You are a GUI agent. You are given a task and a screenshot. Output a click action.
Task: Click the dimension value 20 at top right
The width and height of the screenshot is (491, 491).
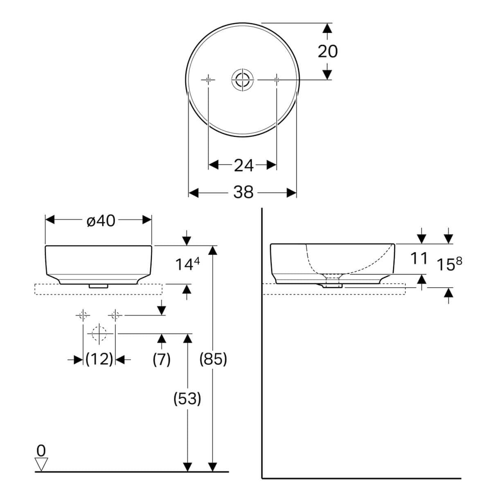(327, 52)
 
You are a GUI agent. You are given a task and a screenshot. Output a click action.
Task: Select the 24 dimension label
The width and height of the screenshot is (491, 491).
(243, 165)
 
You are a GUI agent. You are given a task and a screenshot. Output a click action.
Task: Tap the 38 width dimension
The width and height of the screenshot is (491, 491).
(243, 192)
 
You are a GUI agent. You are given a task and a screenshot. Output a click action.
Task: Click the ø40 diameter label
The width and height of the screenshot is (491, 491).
(101, 221)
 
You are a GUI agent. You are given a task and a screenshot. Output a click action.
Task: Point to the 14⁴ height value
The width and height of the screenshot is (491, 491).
(187, 264)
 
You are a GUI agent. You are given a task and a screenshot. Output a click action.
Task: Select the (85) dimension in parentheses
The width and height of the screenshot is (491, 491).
(213, 359)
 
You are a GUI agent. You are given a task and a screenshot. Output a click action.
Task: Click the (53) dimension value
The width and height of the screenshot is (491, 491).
(187, 398)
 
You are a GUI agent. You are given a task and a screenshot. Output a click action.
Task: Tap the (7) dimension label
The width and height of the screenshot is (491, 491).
(161, 359)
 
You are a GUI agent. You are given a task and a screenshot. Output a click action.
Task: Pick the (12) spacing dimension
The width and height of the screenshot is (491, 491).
(99, 359)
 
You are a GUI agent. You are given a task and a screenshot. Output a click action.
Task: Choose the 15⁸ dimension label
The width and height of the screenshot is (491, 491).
(448, 264)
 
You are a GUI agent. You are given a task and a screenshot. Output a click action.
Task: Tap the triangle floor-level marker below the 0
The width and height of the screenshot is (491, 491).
(41, 464)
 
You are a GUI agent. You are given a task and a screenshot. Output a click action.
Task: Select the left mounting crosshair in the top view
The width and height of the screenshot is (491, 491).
(209, 79)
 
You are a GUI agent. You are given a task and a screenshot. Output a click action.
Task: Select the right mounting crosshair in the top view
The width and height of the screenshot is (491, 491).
(277, 79)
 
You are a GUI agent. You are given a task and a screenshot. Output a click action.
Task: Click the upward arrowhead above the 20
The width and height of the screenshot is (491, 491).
(327, 29)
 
